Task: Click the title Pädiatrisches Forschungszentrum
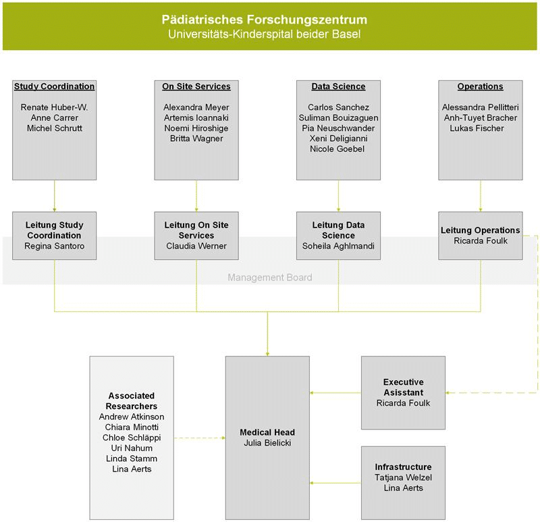click(x=269, y=19)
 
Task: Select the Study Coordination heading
click(x=54, y=86)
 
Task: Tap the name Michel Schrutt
click(x=54, y=128)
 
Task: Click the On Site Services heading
click(x=196, y=86)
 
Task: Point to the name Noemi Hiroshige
click(x=196, y=128)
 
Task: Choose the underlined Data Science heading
click(x=338, y=86)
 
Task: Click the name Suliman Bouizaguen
click(x=338, y=118)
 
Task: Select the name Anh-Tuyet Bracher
click(x=480, y=118)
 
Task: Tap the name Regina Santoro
click(x=54, y=246)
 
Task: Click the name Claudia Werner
click(x=196, y=246)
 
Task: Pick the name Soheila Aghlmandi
click(x=338, y=246)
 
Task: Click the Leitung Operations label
click(x=480, y=230)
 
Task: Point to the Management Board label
click(x=269, y=277)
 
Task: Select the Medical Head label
click(x=267, y=432)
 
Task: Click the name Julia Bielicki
click(x=267, y=444)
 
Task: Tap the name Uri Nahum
click(x=132, y=448)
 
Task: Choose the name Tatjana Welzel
click(x=403, y=477)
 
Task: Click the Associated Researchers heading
click(x=132, y=400)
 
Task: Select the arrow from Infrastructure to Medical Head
click(x=335, y=483)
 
